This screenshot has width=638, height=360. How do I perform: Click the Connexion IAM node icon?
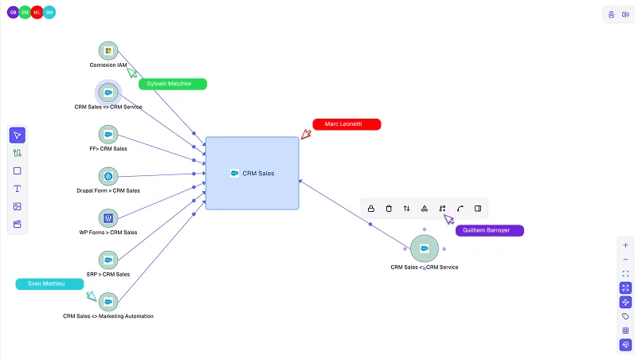point(108,51)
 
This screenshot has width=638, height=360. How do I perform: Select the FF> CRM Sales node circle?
point(108,135)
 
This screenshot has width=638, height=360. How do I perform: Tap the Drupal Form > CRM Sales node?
point(108,177)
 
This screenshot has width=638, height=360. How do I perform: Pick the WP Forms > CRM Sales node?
point(108,218)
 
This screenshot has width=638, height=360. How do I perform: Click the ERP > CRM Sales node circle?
point(108,260)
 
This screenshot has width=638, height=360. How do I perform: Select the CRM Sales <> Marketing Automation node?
point(108,302)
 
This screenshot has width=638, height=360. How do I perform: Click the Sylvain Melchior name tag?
point(173,84)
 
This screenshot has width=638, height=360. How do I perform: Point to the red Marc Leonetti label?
point(346,124)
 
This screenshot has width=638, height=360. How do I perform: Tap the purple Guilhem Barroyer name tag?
point(490,231)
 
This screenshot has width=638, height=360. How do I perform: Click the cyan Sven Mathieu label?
point(49,284)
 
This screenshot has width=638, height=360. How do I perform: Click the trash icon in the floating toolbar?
point(389,209)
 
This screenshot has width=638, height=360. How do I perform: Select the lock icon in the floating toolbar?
point(371,209)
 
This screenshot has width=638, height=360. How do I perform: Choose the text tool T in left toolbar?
point(17,189)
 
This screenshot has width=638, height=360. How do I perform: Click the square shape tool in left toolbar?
point(17,171)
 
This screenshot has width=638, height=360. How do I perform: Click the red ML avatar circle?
point(37,13)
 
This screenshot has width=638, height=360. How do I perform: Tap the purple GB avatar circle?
point(13,13)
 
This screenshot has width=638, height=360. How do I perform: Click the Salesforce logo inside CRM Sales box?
point(234,174)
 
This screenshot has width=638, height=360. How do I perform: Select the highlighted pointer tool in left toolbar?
point(17,135)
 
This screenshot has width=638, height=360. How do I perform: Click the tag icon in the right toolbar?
point(625,316)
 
